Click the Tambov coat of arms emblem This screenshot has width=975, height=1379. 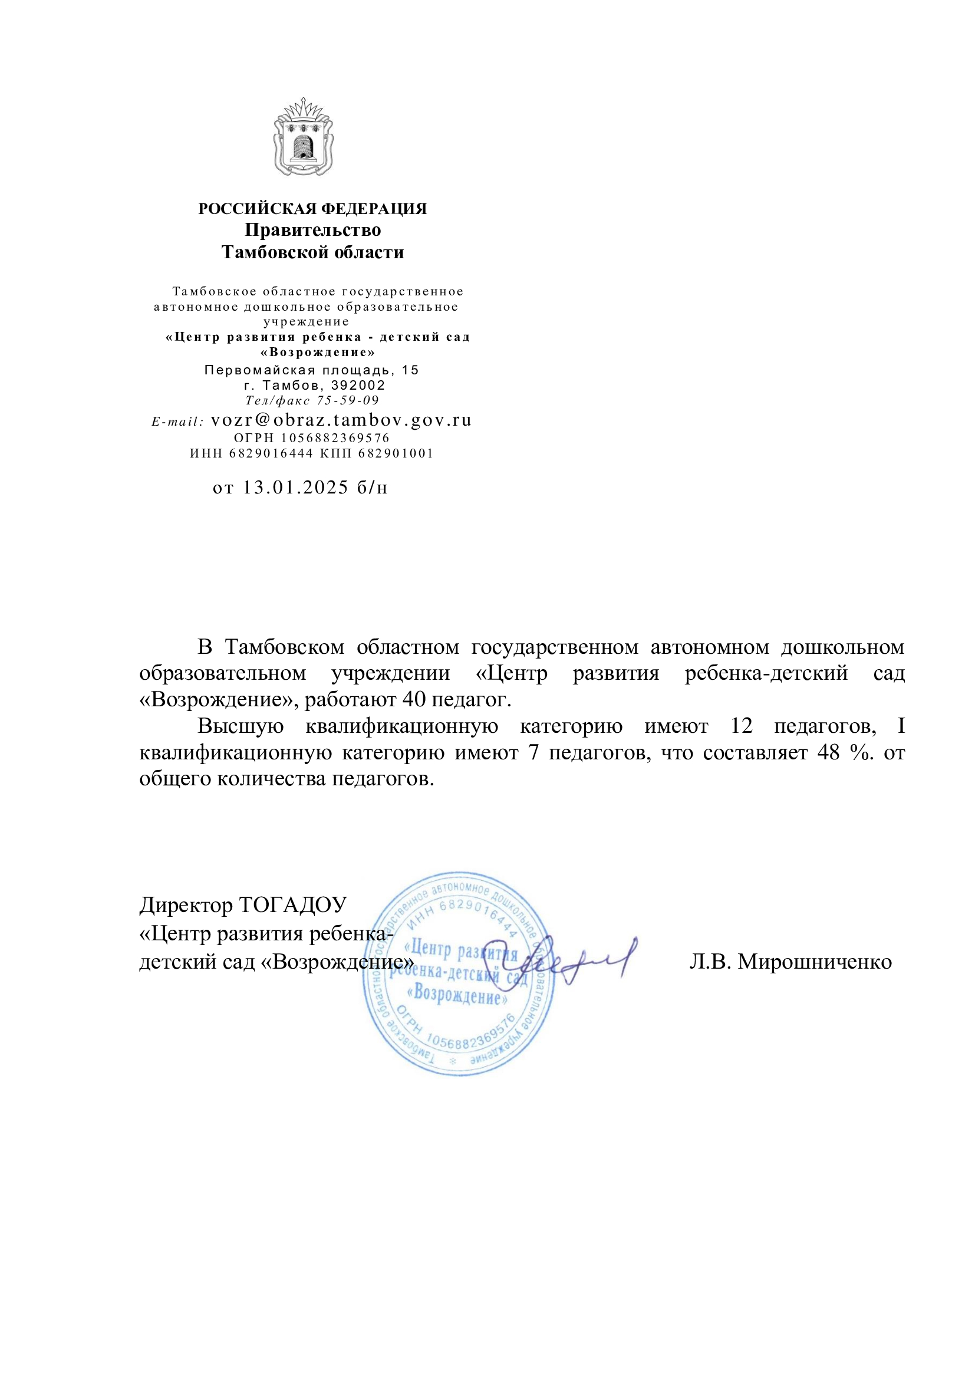(303, 137)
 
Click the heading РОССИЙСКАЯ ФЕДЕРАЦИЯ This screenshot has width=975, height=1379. (312, 209)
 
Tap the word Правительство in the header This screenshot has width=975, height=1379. (312, 230)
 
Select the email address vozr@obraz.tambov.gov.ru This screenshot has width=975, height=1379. (341, 420)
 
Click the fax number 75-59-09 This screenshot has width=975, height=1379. (348, 400)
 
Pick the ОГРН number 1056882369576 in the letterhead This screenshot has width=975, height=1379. (335, 438)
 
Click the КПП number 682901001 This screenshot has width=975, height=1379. (396, 453)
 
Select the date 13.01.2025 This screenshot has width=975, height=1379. (295, 487)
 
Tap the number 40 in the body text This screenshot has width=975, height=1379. (414, 700)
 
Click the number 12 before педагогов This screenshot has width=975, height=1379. (742, 726)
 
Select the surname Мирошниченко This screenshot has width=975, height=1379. (815, 962)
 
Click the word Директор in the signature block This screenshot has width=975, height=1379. (186, 905)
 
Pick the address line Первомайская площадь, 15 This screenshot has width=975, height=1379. (312, 370)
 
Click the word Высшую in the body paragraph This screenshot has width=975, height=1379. (241, 726)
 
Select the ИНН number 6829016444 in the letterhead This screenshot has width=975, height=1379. (271, 453)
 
